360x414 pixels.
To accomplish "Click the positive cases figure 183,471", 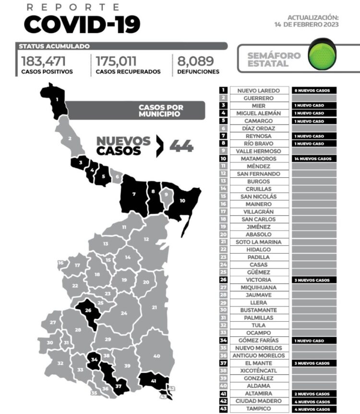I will point(44,61).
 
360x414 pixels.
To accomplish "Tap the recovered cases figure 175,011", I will point(116,61).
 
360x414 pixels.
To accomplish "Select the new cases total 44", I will point(181,146).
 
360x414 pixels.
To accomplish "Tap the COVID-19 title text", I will point(82,24).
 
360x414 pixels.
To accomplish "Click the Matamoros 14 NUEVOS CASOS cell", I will point(314,158).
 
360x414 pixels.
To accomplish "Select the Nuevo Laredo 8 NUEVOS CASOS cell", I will point(314,90).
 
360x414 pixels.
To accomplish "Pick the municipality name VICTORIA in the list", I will point(259,280).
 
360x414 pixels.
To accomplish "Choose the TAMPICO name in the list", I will point(259,409).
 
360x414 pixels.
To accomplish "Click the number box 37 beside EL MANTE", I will point(223,363).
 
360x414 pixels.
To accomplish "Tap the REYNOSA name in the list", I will point(259,136).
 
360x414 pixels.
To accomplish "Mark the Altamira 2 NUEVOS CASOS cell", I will point(314,393).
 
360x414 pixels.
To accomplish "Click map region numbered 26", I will point(88,310).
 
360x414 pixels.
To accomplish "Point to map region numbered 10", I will point(182,200).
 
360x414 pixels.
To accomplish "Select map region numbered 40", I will point(156,356).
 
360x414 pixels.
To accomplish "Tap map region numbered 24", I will point(124,314).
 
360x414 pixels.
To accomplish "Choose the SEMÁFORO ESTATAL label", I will point(274,59).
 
